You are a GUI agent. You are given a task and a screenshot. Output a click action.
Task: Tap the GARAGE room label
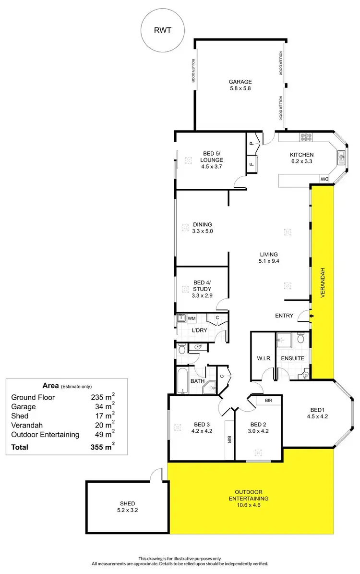pyautogui.click(x=240, y=82)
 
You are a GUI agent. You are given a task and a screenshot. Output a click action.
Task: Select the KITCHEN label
pyautogui.click(x=301, y=155)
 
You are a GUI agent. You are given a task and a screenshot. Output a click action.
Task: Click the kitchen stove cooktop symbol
pyautogui.click(x=306, y=137)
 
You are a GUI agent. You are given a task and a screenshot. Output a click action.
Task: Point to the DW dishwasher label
pyautogui.click(x=324, y=180)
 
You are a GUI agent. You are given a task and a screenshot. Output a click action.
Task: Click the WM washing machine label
pyautogui.click(x=192, y=318)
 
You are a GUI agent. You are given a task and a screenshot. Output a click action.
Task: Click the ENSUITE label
pyautogui.click(x=293, y=358)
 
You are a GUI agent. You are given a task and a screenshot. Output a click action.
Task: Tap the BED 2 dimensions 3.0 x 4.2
pyautogui.click(x=258, y=431)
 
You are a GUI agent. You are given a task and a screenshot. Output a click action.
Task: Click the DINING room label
pyautogui.click(x=202, y=224)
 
